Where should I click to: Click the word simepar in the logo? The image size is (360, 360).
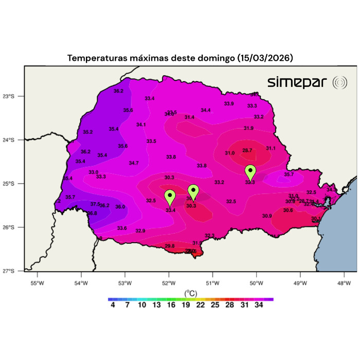pos(298,82)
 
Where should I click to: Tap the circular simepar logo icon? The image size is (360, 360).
pos(340,82)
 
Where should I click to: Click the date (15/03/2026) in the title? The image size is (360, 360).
pos(265,58)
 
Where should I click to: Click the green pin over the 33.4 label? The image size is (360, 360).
pos(170,197)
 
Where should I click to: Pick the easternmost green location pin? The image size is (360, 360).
pos(250,172)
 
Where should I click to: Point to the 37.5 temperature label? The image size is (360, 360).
pos(95,204)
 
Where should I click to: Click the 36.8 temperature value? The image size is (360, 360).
pos(92,213)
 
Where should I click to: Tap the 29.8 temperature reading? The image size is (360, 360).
pos(170,246)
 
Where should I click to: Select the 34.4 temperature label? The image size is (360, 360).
pos(206,110)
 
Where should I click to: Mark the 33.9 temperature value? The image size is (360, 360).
pos(229,103)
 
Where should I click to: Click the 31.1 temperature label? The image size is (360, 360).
pos(271,148)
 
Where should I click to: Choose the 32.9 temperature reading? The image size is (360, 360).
pos(140,231)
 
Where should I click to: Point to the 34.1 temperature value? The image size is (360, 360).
pos(141,124)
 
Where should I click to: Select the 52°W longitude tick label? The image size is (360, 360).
pos(169,282)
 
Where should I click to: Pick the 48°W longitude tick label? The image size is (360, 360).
pos(344,282)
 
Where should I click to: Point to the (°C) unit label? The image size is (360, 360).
pos(190,293)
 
